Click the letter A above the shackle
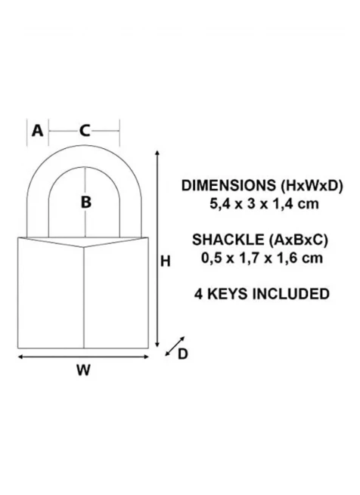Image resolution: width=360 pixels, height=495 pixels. (37, 131)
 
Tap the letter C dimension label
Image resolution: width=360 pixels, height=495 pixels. (85, 131)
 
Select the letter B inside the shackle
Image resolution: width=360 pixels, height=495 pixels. (86, 202)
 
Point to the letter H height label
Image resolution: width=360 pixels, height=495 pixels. (166, 261)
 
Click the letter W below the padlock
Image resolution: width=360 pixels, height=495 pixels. (83, 370)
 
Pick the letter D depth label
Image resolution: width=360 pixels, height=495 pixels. (183, 354)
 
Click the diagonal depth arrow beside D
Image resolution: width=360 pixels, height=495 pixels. (175, 346)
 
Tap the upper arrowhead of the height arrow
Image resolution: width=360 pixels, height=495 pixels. (157, 153)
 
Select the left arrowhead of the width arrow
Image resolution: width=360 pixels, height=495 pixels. (20, 357)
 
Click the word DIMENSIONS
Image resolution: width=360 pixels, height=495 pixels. (228, 185)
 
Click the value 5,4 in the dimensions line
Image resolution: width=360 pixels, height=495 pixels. (218, 204)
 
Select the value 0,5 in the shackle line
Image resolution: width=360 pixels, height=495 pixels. (209, 258)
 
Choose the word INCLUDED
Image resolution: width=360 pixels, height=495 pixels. (291, 294)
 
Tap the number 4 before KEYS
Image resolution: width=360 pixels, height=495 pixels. (198, 294)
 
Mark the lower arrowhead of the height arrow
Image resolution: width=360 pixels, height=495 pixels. (157, 345)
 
